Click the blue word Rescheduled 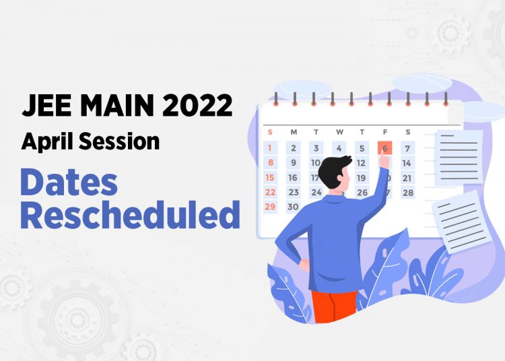(x=130, y=216)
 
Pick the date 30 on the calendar (x=293, y=207)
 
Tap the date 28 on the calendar (x=407, y=193)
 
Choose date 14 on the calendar (x=407, y=163)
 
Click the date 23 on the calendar (x=293, y=193)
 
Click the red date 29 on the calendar (x=270, y=207)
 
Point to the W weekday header (x=339, y=132)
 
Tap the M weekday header (x=293, y=132)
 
